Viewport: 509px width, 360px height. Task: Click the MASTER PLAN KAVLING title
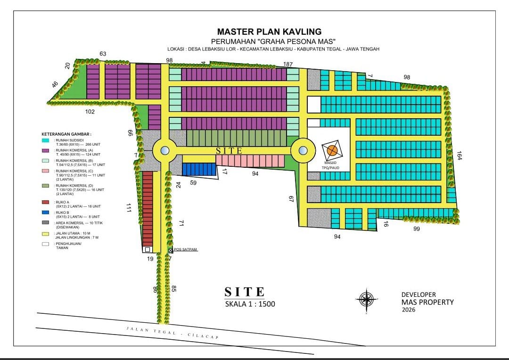269,32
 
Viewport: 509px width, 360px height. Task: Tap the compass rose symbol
366,299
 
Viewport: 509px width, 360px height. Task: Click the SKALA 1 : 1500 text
250,304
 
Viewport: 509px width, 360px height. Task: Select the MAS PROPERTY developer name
427,302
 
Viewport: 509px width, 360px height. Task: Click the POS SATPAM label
185,250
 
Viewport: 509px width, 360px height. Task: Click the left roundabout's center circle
164,151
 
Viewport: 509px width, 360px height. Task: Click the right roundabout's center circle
303,151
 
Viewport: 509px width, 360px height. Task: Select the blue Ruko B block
199,169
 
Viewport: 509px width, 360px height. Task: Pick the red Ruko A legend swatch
45,202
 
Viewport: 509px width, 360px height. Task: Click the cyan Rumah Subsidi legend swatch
45,140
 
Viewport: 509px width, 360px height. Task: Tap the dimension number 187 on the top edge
288,64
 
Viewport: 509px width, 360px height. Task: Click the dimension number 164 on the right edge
459,155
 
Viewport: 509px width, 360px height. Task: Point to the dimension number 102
90,112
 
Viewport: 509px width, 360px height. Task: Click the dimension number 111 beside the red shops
128,208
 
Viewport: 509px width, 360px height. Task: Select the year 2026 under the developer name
410,310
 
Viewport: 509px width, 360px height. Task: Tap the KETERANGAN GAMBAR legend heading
66,134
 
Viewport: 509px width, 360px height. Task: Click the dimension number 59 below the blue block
193,182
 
